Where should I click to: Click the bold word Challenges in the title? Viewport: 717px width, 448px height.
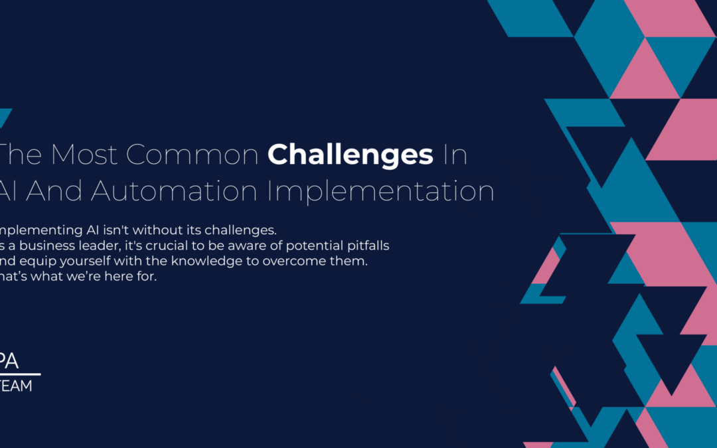tap(351, 155)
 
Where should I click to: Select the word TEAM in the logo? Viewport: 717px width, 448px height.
tap(16, 386)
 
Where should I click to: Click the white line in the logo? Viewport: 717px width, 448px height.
tap(20, 374)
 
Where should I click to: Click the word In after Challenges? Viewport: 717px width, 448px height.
tap(455, 155)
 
